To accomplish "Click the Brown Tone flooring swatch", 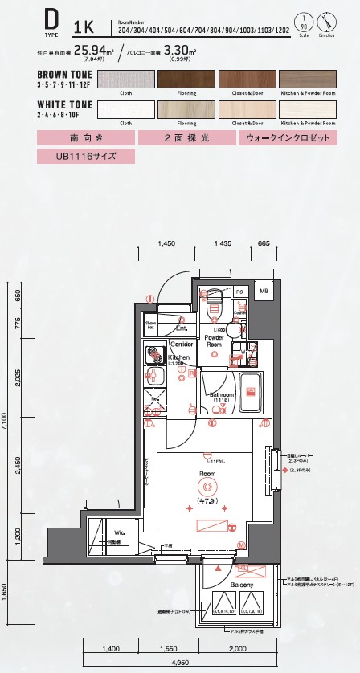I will click(x=186, y=80).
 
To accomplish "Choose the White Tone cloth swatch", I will click(x=125, y=109).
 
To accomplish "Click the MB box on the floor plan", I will click(x=264, y=292).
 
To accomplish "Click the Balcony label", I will click(x=241, y=585).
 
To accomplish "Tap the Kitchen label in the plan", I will click(x=178, y=357).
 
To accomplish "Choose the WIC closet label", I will click(x=118, y=532).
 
